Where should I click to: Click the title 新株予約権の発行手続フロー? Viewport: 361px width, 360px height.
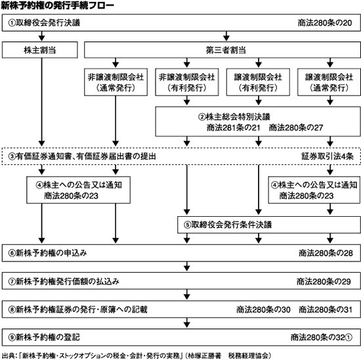click(x=57, y=6)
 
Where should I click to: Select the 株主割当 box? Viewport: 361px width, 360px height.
click(x=40, y=50)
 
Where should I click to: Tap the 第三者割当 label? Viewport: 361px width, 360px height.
click(x=226, y=50)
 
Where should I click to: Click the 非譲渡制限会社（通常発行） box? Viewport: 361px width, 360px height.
click(x=116, y=82)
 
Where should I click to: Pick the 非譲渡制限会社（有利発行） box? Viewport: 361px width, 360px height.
click(x=187, y=82)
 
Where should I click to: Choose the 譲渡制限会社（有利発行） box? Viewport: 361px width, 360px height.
click(x=258, y=82)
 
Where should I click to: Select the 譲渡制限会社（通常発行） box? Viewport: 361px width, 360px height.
click(x=329, y=82)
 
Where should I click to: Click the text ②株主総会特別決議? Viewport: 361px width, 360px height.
click(x=234, y=117)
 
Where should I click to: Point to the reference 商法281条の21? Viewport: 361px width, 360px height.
click(x=233, y=127)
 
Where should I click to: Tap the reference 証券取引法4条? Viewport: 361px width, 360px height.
click(x=328, y=156)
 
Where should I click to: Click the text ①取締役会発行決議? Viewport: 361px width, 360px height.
click(x=44, y=23)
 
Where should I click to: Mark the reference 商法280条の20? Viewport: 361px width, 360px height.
click(x=325, y=23)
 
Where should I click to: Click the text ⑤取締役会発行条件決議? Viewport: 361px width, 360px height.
click(x=228, y=225)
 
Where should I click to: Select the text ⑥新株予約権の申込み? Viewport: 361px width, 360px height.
click(x=48, y=253)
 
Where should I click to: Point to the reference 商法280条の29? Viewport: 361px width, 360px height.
click(x=324, y=281)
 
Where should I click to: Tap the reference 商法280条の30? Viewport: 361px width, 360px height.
click(x=263, y=309)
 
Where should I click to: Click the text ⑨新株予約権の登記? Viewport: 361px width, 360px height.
click(x=44, y=338)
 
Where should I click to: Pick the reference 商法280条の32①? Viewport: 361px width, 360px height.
click(x=322, y=338)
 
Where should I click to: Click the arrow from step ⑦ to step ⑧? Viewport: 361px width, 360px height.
click(x=186, y=294)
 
